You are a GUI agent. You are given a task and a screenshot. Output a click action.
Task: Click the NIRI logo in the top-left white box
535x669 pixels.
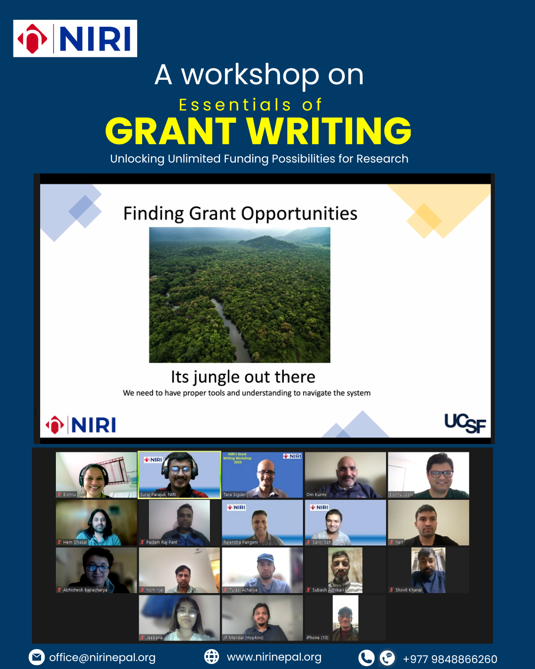pos(75,39)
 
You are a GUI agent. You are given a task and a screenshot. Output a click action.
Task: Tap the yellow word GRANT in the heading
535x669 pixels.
pos(170,131)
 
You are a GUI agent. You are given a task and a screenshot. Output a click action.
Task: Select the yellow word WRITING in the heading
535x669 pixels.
pos(329,131)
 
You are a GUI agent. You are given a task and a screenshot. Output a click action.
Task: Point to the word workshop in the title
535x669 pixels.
pos(250,75)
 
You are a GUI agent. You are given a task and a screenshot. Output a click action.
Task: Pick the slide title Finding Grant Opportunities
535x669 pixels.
pos(240,214)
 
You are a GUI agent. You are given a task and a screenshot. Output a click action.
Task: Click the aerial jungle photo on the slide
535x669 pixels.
pos(240,295)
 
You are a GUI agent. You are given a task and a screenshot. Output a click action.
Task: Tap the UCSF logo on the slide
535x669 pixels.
pos(465,424)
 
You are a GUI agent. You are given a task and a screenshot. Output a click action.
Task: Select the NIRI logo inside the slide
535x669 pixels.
pos(81,425)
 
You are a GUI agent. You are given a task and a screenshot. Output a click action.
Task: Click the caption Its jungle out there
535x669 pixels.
pos(243,377)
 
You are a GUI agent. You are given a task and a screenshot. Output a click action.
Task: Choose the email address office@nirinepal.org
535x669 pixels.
pos(102,658)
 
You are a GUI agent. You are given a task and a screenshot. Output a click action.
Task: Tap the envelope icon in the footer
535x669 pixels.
pos(37,657)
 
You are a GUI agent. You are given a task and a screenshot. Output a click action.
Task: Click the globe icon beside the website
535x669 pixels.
pos(212,657)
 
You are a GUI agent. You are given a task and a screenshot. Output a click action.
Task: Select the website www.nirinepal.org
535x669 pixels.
pos(274,657)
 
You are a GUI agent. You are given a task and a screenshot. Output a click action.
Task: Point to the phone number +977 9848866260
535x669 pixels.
pos(450,659)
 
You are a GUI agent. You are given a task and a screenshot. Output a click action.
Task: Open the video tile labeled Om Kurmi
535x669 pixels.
pos(345,474)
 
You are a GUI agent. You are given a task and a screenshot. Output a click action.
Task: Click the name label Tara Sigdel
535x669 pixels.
pos(234,495)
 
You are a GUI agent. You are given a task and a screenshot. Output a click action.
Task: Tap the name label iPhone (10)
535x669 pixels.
pos(318,638)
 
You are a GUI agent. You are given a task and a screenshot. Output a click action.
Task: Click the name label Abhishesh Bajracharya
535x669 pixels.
pos(85,590)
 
